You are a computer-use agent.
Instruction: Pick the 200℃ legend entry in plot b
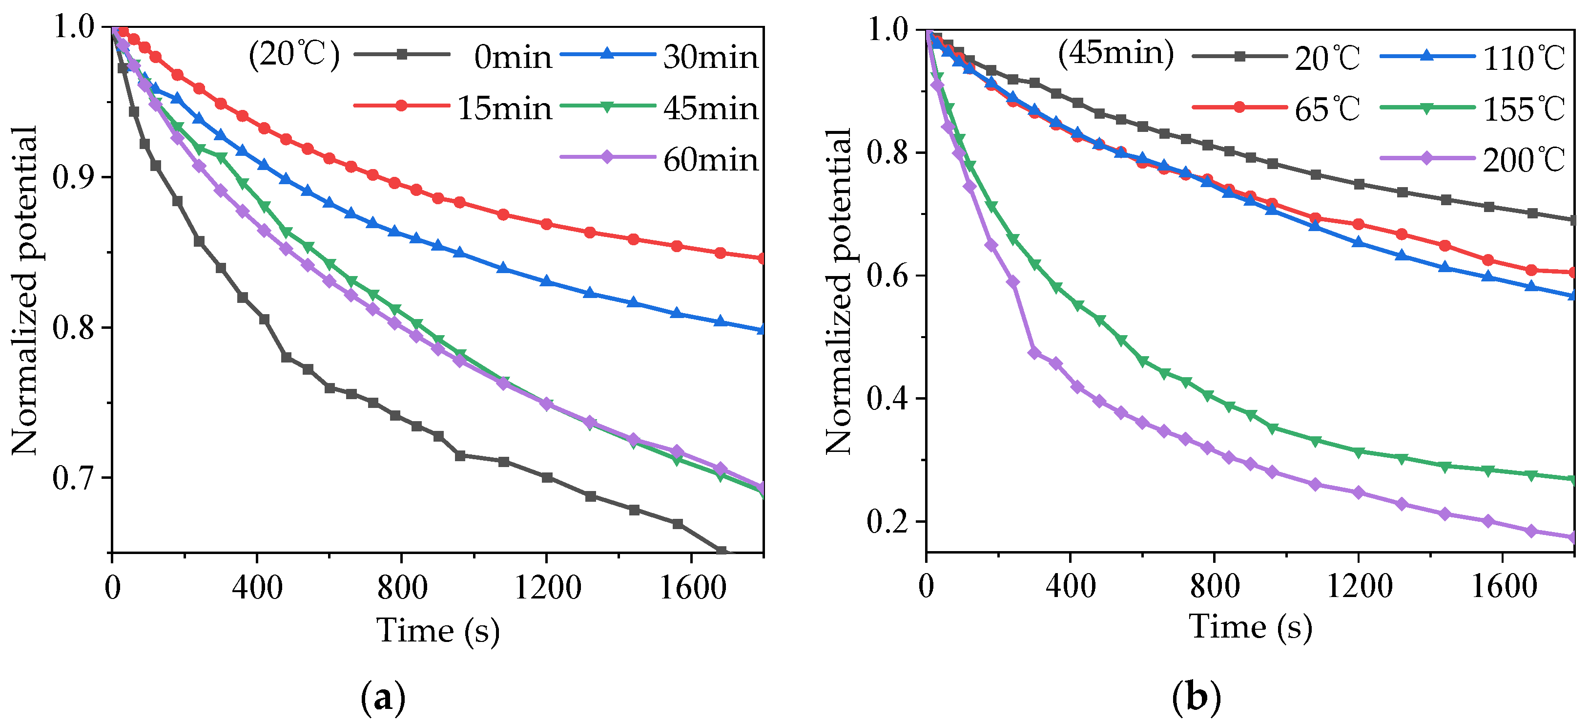point(1523,160)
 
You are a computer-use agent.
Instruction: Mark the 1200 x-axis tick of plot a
point(547,586)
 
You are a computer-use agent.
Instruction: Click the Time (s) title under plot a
point(437,631)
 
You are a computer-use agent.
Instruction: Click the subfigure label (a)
point(382,698)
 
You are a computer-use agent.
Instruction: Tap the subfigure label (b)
point(1196,698)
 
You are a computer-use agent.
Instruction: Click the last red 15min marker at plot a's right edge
point(763,258)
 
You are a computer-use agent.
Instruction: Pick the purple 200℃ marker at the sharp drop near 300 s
point(1034,353)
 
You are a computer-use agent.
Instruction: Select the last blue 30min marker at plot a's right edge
point(763,329)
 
